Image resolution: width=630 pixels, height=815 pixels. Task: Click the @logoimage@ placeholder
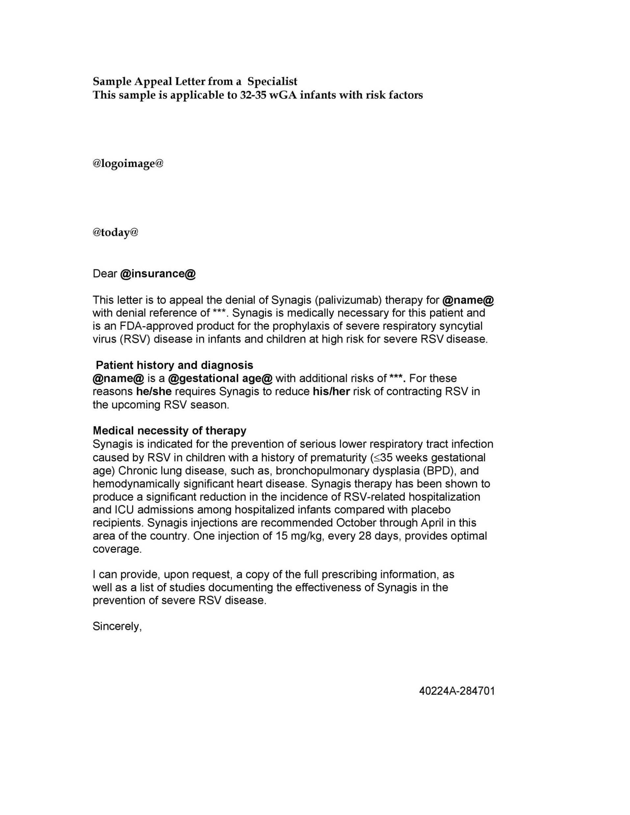coord(128,163)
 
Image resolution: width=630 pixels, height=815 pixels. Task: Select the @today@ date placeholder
coord(115,232)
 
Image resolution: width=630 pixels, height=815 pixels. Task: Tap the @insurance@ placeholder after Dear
coord(158,274)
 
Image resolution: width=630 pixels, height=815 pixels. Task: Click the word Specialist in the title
coord(272,81)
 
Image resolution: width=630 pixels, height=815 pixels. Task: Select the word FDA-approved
coord(156,326)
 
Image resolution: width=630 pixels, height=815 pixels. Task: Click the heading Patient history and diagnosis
coord(174,365)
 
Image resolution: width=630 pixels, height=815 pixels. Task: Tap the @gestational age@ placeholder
coord(220,378)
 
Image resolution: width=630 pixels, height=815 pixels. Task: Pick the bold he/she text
coord(154,392)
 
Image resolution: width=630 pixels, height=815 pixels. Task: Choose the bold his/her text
coord(331,392)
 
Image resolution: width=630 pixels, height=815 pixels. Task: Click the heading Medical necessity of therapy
coord(170,431)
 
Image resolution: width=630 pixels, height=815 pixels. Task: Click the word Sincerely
coord(117,627)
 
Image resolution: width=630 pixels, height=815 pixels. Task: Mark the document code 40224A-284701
coord(457,691)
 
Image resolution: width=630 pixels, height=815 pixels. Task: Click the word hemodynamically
coord(136,484)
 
